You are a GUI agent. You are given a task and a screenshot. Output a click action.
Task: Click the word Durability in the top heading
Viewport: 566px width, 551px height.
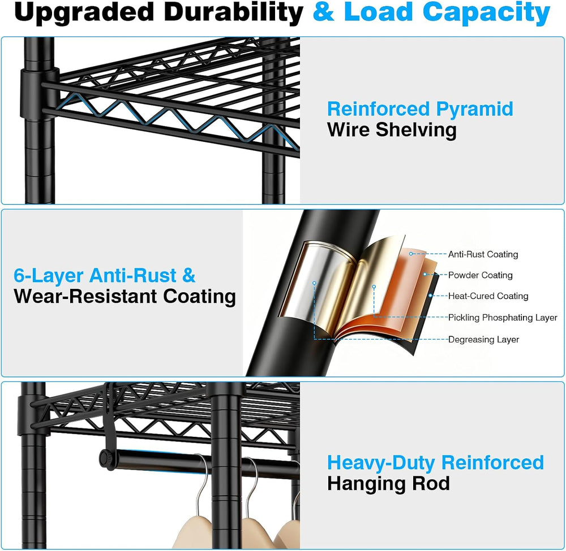click(x=233, y=12)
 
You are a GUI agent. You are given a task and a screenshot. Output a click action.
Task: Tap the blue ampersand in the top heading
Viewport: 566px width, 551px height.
click(x=323, y=12)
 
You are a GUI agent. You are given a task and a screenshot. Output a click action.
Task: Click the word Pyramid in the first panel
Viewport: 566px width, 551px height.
click(x=474, y=110)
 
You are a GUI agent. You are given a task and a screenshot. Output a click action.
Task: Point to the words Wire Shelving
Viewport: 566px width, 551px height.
click(x=392, y=130)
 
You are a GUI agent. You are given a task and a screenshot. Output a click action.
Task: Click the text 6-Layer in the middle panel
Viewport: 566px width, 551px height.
click(x=48, y=276)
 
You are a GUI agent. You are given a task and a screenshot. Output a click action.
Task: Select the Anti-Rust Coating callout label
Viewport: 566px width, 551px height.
click(x=483, y=254)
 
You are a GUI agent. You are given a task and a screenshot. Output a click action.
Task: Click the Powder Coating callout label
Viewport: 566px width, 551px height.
click(x=480, y=275)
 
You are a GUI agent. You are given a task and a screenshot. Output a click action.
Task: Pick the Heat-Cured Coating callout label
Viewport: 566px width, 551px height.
click(x=488, y=296)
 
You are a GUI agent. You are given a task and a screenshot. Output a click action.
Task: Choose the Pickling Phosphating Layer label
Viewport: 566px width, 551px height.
click(x=503, y=318)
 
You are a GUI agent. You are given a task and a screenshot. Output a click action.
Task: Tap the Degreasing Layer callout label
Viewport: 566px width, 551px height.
click(x=483, y=340)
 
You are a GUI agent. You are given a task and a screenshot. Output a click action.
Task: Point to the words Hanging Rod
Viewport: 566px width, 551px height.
click(x=388, y=484)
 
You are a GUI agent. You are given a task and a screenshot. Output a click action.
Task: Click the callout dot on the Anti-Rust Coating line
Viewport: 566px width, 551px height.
click(x=411, y=254)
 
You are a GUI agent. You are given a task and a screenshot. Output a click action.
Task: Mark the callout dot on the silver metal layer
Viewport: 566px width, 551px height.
click(x=314, y=283)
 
